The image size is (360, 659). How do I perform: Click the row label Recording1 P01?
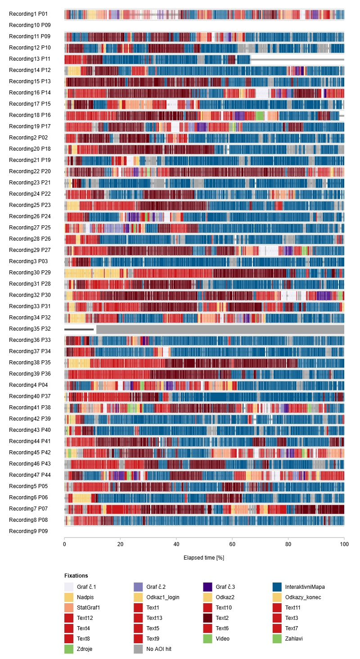28,14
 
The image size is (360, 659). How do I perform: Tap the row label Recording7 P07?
28,509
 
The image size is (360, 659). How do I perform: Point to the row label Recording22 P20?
30,171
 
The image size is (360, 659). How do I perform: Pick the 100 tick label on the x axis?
344,544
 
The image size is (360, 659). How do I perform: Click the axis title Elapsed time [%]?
204,558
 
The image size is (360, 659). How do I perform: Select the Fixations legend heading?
76,576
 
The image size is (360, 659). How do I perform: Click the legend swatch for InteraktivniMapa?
278,587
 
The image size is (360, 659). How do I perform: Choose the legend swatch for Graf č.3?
208,587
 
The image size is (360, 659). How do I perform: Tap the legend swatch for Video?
208,639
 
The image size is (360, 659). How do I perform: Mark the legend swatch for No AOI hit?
139,649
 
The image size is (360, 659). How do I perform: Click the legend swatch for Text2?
208,618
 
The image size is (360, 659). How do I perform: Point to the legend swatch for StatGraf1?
69,608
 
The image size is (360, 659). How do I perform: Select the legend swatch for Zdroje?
69,649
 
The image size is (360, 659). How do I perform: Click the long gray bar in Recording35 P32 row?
220,329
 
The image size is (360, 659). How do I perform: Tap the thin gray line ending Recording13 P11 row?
297,59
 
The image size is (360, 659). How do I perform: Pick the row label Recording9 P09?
28,531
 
